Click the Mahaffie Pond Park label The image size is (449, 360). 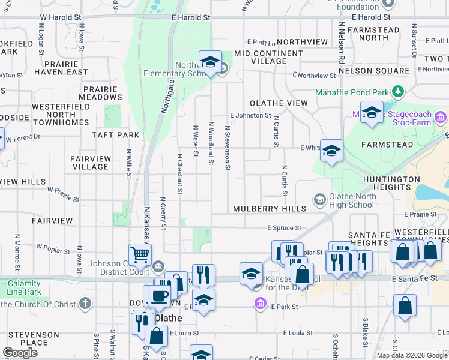coord(352,93)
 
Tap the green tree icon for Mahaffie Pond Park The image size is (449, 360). coord(397,92)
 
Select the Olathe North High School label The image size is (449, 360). coord(353,200)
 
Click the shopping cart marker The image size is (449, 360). coord(140,254)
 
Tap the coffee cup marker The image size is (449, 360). coord(160,295)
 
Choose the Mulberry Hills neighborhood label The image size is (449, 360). coord(270,209)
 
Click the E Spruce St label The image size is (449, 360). coord(284,228)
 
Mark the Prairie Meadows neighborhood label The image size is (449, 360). coord(100,93)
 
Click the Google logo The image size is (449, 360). coord(20,353)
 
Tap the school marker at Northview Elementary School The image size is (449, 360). coord(210,62)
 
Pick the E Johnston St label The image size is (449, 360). coord(250,115)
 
